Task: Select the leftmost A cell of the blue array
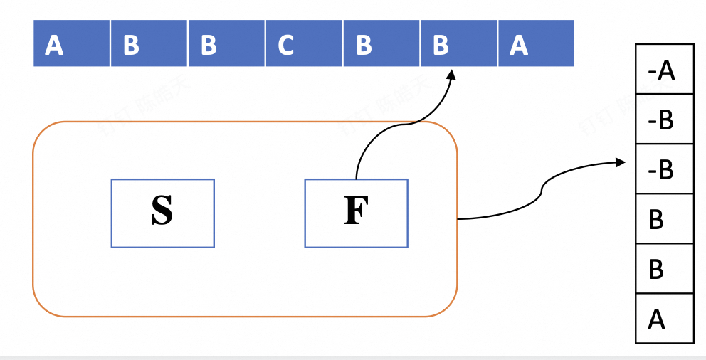[72, 43]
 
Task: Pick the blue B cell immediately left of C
[226, 43]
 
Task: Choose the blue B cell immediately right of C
[381, 43]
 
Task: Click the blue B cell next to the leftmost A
[149, 43]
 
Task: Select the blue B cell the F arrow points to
[459, 43]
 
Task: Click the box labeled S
[162, 213]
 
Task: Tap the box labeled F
[356, 213]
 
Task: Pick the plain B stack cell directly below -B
[664, 218]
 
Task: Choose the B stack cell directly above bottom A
[664, 268]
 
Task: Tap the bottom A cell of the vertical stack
[664, 318]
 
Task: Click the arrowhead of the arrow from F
[451, 74]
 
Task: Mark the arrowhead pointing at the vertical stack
[621, 163]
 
